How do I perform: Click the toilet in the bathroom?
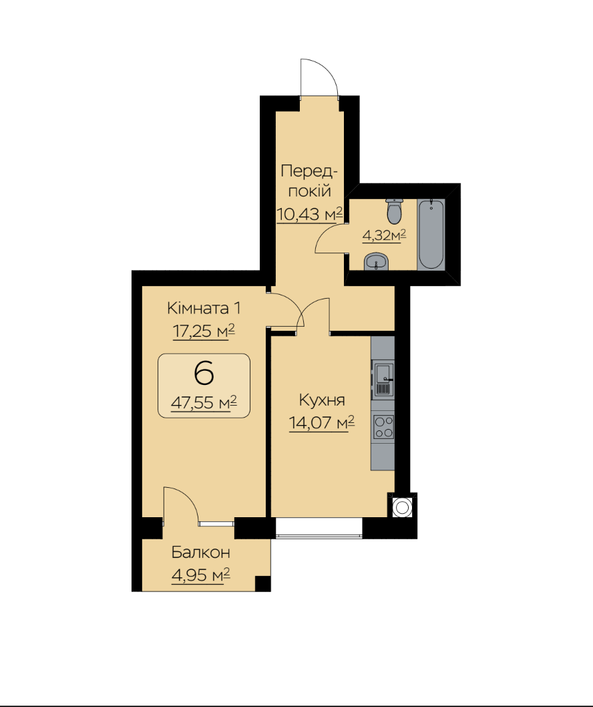[x=394, y=211]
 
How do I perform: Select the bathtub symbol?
[x=431, y=235]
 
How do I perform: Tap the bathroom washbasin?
[x=376, y=262]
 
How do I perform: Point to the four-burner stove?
[x=383, y=426]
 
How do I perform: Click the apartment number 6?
[x=204, y=374]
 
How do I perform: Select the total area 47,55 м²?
[x=204, y=402]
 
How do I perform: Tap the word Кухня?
[x=322, y=400]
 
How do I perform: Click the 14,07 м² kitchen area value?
[x=321, y=423]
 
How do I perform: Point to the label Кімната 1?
[x=204, y=309]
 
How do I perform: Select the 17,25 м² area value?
[x=204, y=331]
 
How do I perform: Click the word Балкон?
[x=200, y=553]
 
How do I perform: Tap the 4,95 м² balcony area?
[x=200, y=575]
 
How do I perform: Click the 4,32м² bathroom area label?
[x=385, y=235]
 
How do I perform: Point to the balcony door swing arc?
[x=187, y=496]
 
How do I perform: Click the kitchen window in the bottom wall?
[x=319, y=527]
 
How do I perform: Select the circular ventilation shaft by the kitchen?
[x=402, y=508]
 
